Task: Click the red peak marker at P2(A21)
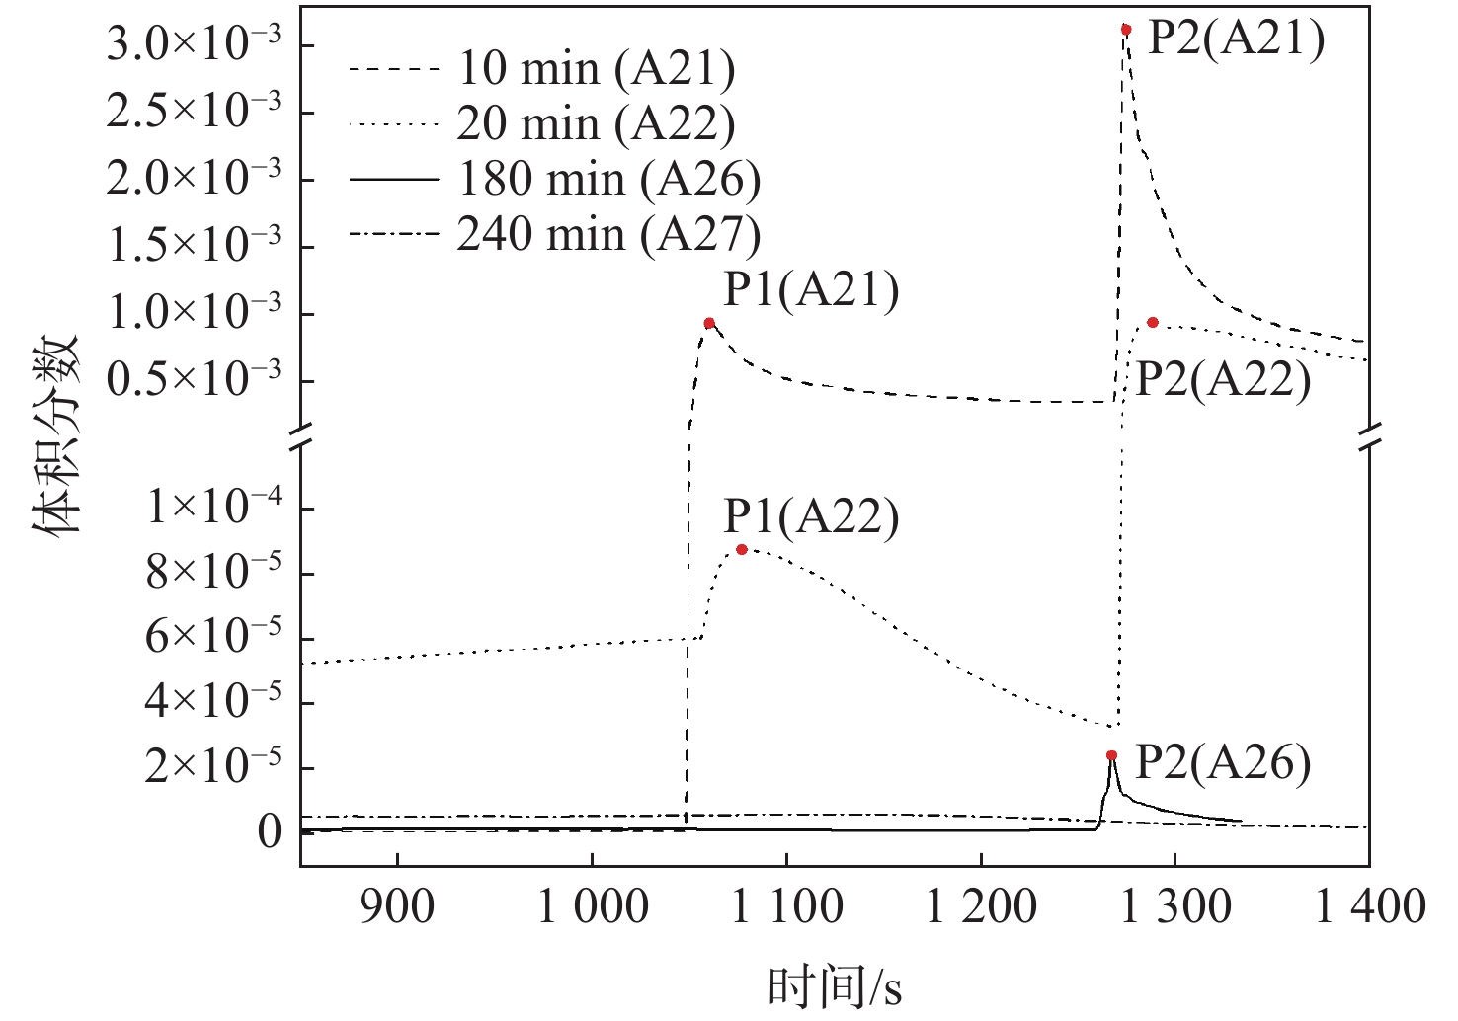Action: pyautogui.click(x=1126, y=30)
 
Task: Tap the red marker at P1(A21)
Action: pyautogui.click(x=709, y=324)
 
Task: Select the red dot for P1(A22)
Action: pyautogui.click(x=742, y=550)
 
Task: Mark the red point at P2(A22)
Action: pyautogui.click(x=1153, y=323)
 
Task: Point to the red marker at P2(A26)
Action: pyautogui.click(x=1112, y=755)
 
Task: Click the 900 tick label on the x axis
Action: pyautogui.click(x=396, y=905)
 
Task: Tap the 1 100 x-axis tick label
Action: pyautogui.click(x=787, y=905)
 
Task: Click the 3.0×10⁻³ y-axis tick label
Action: pyautogui.click(x=194, y=44)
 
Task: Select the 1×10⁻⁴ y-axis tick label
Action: pyautogui.click(x=213, y=508)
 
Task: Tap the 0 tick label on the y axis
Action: pyautogui.click(x=270, y=832)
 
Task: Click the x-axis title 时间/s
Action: pyautogui.click(x=835, y=985)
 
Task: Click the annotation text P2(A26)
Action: pyautogui.click(x=1223, y=762)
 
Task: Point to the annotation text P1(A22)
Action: pyautogui.click(x=811, y=516)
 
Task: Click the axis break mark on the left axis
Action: pyautogui.click(x=302, y=433)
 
